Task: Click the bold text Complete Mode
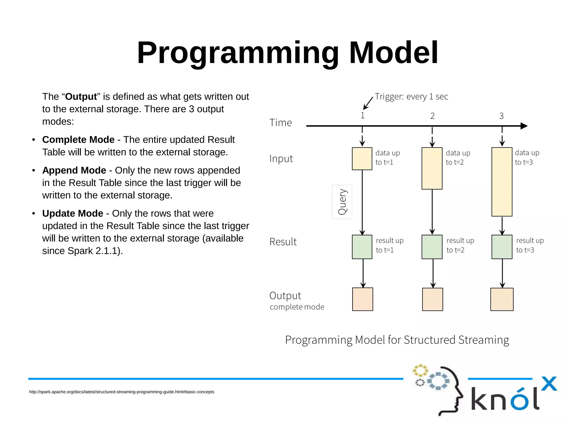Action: [x=78, y=140]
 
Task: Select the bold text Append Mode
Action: [x=74, y=170]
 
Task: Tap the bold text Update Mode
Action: [x=73, y=213]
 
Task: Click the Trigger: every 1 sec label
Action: [x=411, y=97]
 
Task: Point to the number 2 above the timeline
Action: [x=432, y=116]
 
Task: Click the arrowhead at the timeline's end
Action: [x=524, y=126]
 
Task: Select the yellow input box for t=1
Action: [x=362, y=159]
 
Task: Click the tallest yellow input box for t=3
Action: [x=502, y=182]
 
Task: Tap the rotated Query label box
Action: [x=342, y=202]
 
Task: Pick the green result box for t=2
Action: [x=432, y=247]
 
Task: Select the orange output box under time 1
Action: [x=363, y=299]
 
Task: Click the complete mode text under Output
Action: [x=297, y=307]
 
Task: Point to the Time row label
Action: [x=280, y=123]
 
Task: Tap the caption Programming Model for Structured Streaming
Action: [x=397, y=340]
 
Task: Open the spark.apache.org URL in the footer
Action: [x=121, y=392]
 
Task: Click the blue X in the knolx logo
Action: [x=549, y=384]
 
